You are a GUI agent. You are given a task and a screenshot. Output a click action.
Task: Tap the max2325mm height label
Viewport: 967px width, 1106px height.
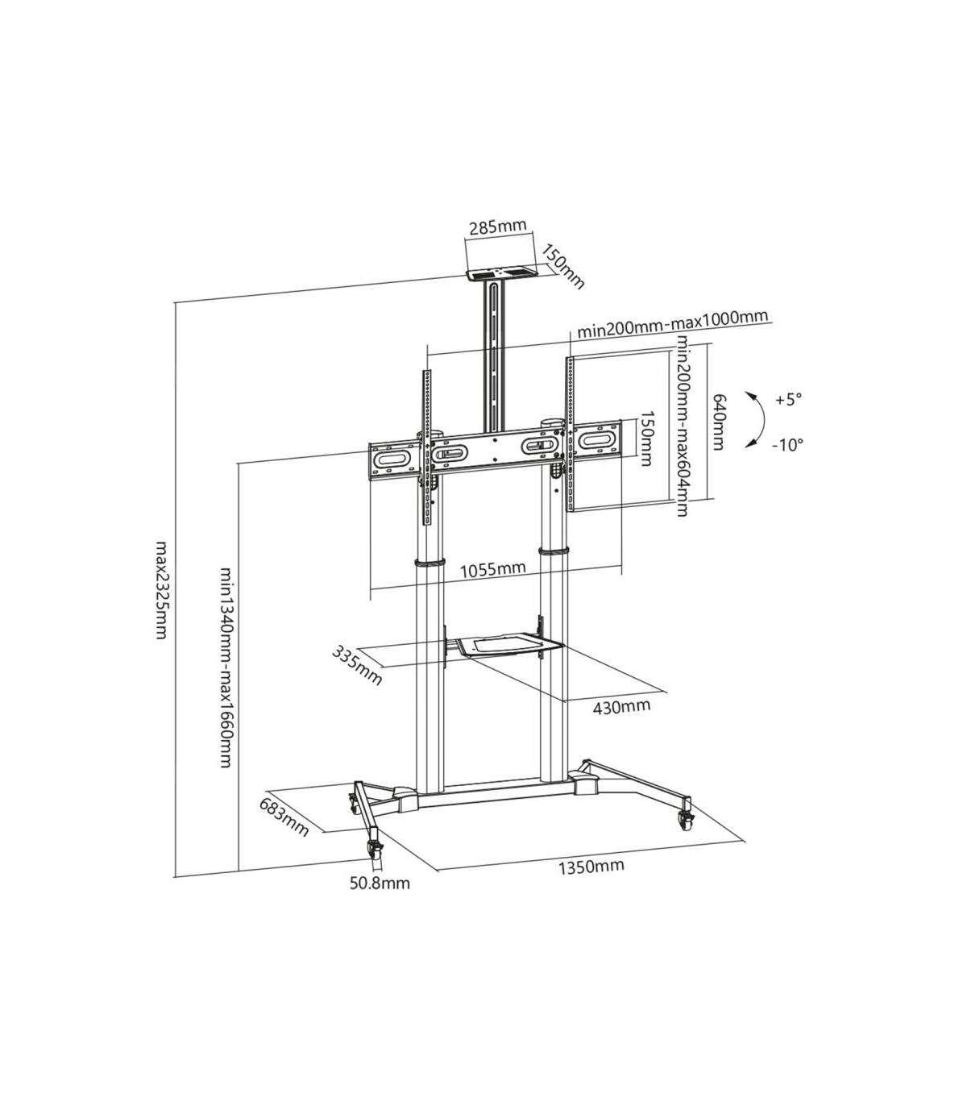click(x=161, y=589)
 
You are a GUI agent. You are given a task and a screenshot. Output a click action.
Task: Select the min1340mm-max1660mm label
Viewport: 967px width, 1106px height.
click(x=226, y=667)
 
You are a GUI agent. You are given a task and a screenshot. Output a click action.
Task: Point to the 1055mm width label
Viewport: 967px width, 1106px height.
click(x=492, y=569)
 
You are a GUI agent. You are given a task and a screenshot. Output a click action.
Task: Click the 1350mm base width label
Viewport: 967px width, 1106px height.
click(x=591, y=867)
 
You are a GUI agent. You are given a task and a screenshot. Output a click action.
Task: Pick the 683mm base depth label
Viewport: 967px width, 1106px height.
click(x=284, y=817)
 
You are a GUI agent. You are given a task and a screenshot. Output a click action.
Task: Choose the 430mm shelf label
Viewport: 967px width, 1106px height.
click(x=622, y=706)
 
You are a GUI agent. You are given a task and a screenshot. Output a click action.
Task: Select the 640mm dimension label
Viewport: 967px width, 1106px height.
click(x=717, y=422)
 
